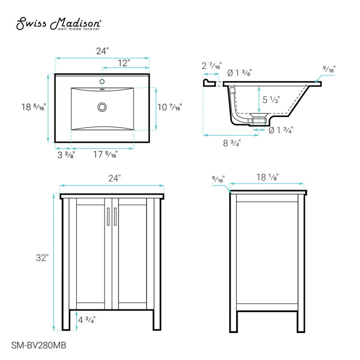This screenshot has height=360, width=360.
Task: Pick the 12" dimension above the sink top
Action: [124, 63]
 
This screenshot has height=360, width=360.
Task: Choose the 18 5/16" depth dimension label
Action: [33, 107]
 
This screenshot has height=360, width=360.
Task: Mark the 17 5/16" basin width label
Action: [105, 155]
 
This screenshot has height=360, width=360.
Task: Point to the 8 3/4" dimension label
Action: [232, 143]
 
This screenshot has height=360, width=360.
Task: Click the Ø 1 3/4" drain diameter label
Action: [280, 130]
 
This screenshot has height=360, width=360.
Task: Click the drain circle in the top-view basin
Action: [102, 106]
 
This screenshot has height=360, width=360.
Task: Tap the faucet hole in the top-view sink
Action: [102, 82]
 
